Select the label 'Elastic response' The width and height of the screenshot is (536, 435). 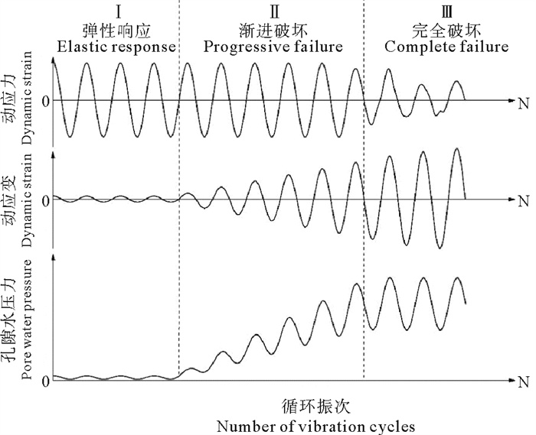(117, 47)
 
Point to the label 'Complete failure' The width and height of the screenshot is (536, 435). (446, 47)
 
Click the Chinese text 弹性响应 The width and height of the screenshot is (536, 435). (117, 31)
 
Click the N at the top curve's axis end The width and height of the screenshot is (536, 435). (524, 101)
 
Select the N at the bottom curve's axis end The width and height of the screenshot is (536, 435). (524, 380)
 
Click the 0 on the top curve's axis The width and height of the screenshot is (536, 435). (46, 101)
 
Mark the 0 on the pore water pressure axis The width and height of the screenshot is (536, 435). (46, 380)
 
